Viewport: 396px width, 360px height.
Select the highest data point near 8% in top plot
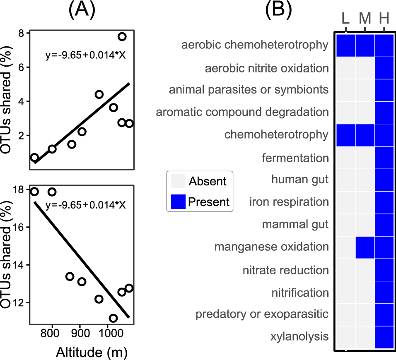[x=122, y=36]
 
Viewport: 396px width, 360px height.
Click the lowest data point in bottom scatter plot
[x=113, y=318]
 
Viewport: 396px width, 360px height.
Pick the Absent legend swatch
[x=178, y=181]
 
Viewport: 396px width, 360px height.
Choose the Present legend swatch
[x=178, y=202]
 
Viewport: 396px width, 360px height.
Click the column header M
[x=365, y=18]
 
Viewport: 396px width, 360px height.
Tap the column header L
[x=345, y=18]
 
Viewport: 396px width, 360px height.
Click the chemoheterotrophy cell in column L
[x=345, y=135]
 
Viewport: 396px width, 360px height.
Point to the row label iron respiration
[x=289, y=202]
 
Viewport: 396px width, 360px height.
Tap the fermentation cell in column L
[x=345, y=158]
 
